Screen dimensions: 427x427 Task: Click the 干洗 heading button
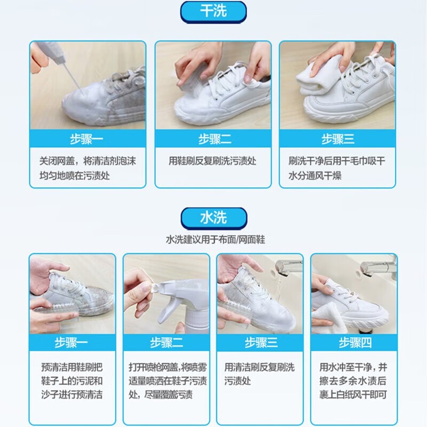[x=213, y=12]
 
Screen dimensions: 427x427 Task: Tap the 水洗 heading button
[x=214, y=218]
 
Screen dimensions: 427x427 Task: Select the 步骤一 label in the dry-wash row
[x=86, y=139]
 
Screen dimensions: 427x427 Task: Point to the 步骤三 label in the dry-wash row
[x=338, y=139]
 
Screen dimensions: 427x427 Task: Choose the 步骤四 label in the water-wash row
[x=355, y=343]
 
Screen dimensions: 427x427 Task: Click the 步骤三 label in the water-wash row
[x=260, y=343]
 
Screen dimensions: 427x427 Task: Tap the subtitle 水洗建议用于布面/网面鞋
[x=215, y=240]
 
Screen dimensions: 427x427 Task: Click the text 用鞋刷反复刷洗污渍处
[x=212, y=161]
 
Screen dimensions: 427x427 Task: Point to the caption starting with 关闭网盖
[x=88, y=168]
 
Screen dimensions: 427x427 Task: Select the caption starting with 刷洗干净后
[x=337, y=168]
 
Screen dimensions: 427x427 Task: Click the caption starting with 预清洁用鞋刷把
[x=72, y=381]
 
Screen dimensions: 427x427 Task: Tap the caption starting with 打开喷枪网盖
[x=168, y=381]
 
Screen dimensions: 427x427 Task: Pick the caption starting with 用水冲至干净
[x=353, y=381]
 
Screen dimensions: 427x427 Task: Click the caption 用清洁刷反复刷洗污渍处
[x=259, y=374]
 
